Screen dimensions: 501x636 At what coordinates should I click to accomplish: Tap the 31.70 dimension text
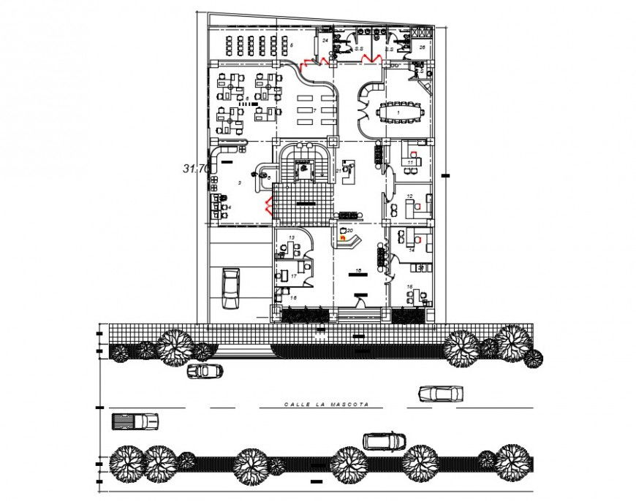[x=196, y=168]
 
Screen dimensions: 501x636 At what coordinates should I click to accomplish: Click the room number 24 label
[x=325, y=41]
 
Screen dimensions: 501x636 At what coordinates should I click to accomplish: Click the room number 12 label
[x=410, y=196]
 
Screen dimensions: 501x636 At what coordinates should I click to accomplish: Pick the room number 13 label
[x=291, y=238]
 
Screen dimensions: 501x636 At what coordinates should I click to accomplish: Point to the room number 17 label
[x=292, y=276]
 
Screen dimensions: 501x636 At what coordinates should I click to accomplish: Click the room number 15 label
[x=409, y=286]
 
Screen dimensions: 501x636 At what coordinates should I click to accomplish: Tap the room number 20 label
[x=350, y=230]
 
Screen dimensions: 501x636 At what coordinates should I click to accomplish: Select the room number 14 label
[x=412, y=250]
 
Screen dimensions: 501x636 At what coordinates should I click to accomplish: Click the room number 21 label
[x=338, y=170]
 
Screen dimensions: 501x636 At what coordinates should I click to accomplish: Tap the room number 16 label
[x=293, y=298]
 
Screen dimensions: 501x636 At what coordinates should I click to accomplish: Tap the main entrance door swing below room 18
[x=360, y=300]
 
